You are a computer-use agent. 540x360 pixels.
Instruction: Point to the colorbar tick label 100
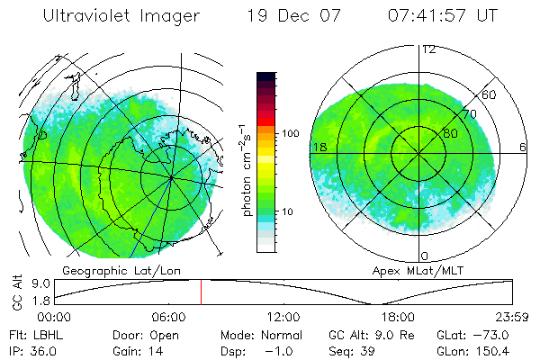click(290, 133)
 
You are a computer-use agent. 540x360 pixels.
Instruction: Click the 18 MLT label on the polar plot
click(319, 148)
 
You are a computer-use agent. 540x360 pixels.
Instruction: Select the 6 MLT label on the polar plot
click(523, 148)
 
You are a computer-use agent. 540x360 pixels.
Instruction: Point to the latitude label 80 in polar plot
click(449, 134)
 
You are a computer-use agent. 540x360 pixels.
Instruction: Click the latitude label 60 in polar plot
click(490, 94)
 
